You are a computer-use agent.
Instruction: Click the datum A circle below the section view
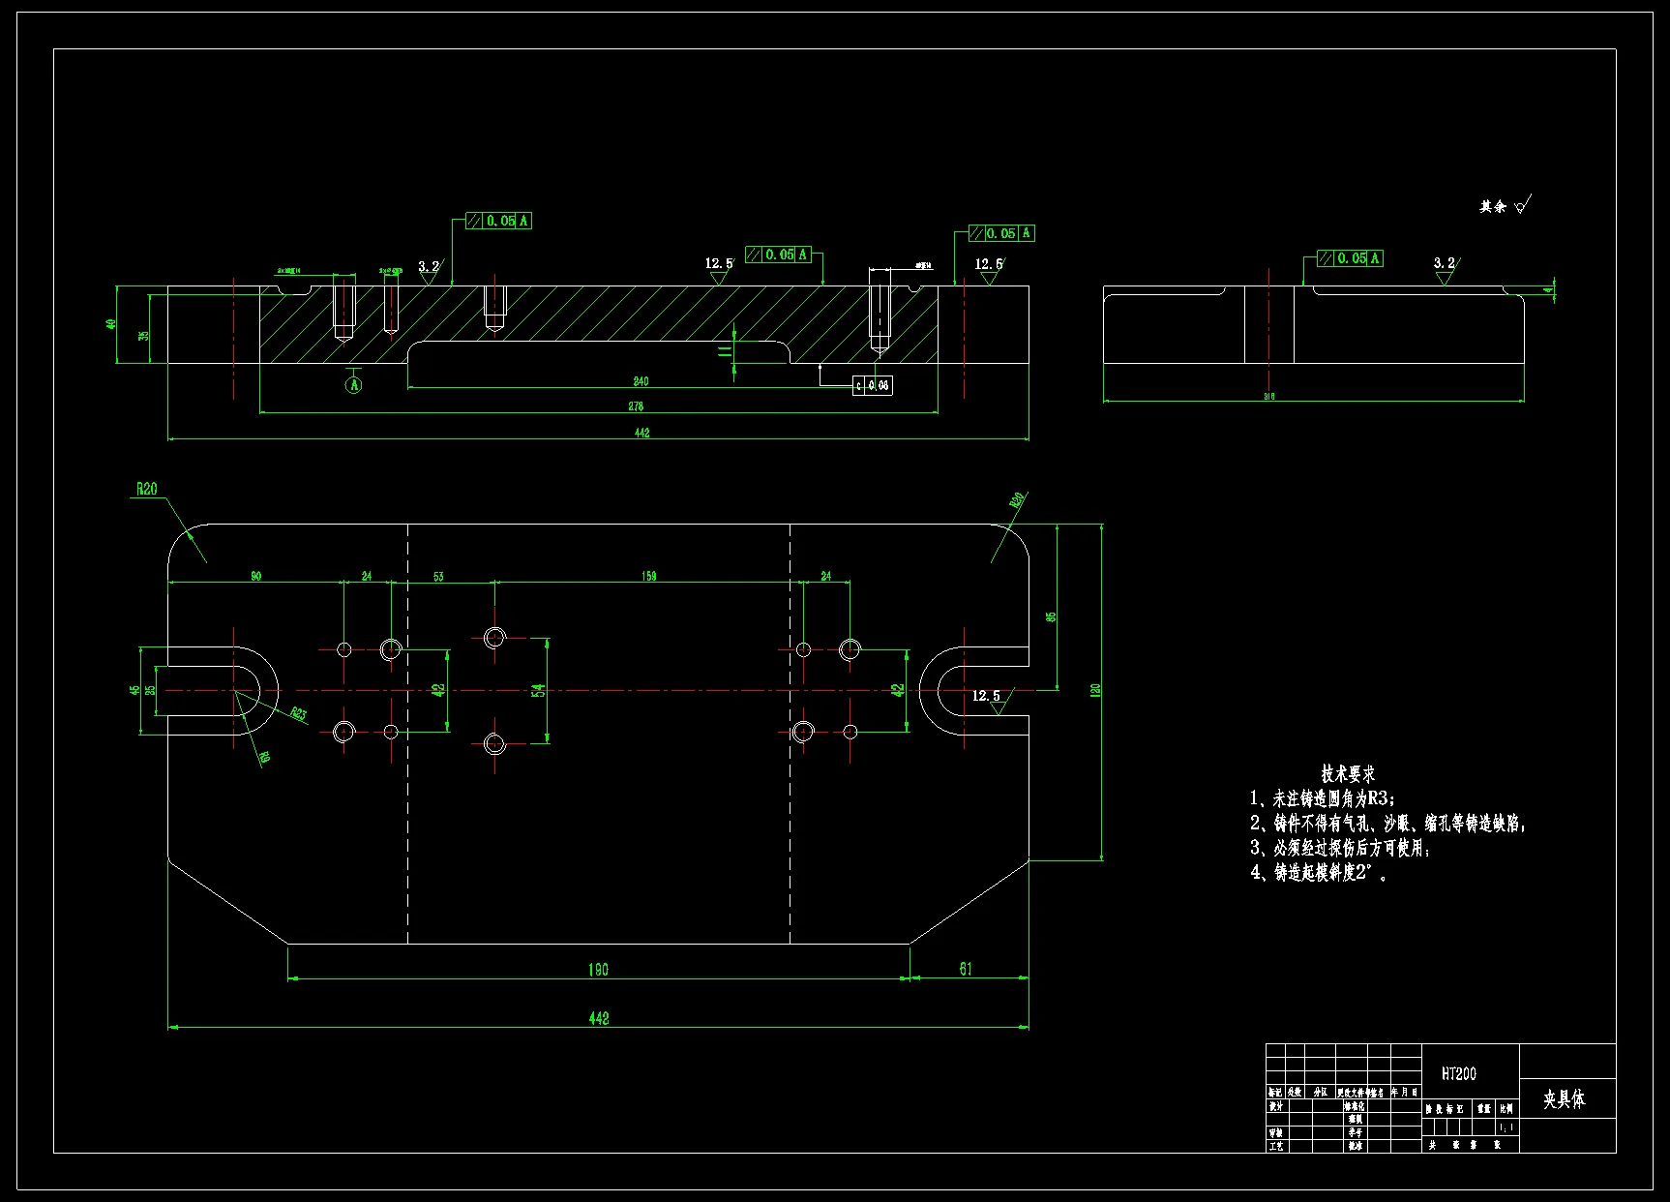[x=354, y=384]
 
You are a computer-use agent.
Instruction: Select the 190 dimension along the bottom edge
[x=598, y=969]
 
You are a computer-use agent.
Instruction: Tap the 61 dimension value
[x=966, y=969]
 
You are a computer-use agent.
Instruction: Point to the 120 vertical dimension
[x=1095, y=690]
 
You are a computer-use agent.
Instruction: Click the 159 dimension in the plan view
[x=648, y=576]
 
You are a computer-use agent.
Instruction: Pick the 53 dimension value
[x=438, y=577]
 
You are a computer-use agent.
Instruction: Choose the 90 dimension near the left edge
[x=255, y=576]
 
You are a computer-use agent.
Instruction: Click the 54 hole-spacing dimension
[x=538, y=690]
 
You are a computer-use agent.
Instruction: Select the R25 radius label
[x=299, y=714]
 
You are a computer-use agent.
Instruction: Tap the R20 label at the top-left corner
[x=146, y=489]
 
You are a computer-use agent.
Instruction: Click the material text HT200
[x=1458, y=1073]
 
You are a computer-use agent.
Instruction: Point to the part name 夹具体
[x=1564, y=1098]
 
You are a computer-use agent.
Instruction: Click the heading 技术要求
[x=1347, y=774]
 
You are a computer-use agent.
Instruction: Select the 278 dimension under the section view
[x=636, y=406]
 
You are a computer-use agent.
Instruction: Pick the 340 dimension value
[x=641, y=381]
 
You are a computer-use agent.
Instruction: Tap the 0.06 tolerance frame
[x=873, y=385]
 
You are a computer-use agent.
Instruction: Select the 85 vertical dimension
[x=1051, y=616]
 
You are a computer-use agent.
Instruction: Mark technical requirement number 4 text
[x=1320, y=872]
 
